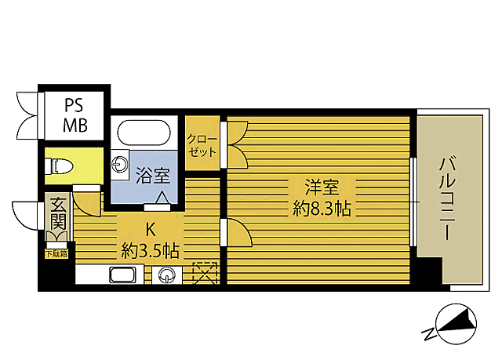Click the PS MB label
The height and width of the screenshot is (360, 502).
(x=76, y=115)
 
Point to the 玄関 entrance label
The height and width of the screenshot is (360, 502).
(x=59, y=213)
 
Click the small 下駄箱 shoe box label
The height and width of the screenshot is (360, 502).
(x=56, y=253)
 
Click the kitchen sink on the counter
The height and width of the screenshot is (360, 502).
(x=124, y=275)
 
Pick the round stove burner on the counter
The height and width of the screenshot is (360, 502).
(x=167, y=275)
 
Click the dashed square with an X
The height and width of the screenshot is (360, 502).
(x=204, y=274)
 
